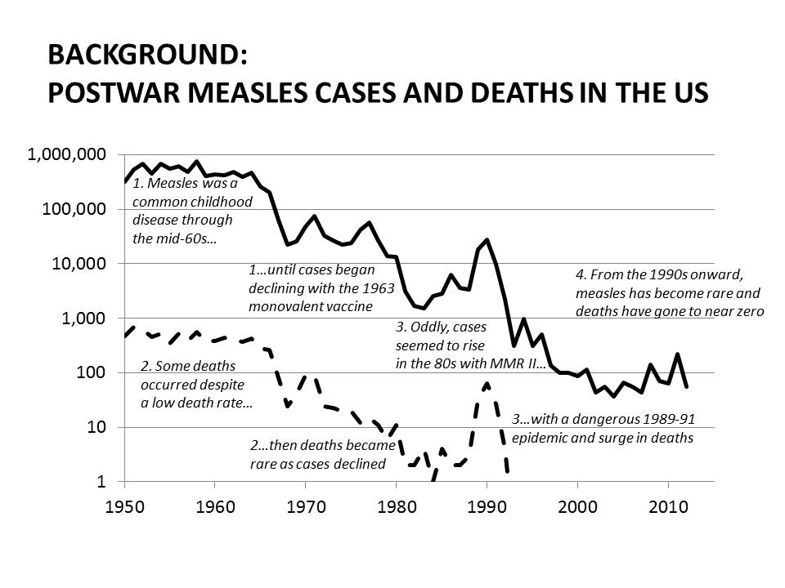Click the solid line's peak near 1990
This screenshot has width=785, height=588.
487,240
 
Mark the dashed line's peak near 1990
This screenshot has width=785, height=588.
487,383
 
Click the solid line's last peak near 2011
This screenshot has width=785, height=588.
677,354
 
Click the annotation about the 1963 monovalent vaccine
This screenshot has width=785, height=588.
312,287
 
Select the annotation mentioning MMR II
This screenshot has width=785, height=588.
469,345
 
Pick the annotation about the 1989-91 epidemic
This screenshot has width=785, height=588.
603,428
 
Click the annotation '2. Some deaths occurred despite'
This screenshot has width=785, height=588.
191,384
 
